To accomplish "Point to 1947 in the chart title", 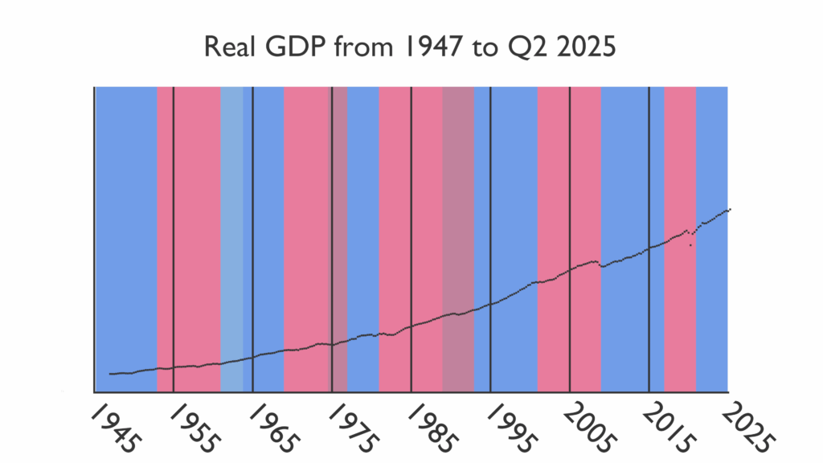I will tap(416, 47).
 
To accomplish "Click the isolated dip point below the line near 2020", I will tap(690, 244).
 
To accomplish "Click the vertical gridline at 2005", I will tap(570, 201).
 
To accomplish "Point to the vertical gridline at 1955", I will tap(174, 201).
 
